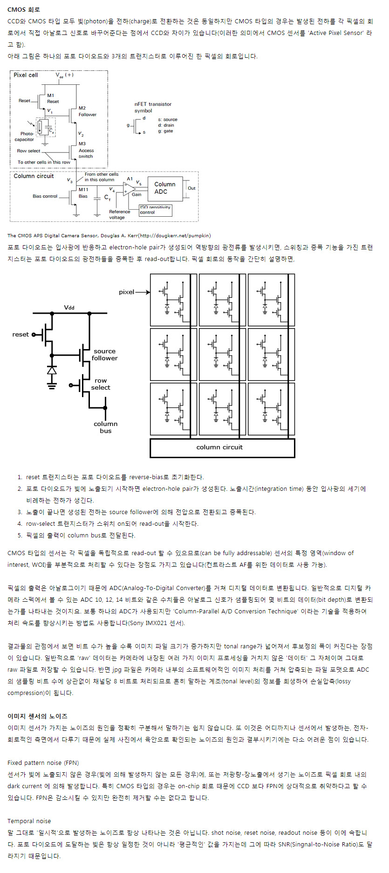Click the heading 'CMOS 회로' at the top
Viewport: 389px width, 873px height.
[x=24, y=9]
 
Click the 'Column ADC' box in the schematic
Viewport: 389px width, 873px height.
[x=165, y=188]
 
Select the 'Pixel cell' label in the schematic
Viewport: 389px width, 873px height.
[x=26, y=75]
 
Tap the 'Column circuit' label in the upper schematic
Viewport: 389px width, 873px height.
[x=34, y=176]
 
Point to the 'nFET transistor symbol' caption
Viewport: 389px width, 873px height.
[x=153, y=107]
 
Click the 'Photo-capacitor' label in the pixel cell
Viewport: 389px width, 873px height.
[x=25, y=137]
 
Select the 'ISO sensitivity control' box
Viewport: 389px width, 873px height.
[x=156, y=210]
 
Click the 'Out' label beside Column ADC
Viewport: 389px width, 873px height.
[x=191, y=188]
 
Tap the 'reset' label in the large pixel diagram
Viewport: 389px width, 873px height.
[x=20, y=335]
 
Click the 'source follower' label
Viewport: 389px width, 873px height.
[x=104, y=355]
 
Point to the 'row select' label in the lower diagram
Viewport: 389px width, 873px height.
[x=101, y=384]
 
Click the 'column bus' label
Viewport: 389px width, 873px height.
[x=106, y=427]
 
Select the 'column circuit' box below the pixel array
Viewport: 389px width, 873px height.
[x=222, y=447]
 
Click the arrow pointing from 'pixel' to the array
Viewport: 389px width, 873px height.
[x=143, y=292]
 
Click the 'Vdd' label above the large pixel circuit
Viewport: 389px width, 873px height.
[x=69, y=308]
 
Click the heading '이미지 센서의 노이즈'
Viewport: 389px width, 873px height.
[x=37, y=716]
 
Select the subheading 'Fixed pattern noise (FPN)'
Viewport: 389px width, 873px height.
[x=43, y=763]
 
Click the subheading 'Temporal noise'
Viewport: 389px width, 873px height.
[x=29, y=821]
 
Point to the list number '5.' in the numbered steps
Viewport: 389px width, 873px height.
[x=20, y=536]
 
